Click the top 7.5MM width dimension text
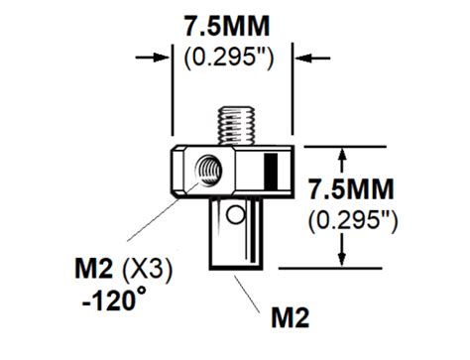[236, 27]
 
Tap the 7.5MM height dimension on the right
[351, 188]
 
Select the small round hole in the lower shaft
[234, 213]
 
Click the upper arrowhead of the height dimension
[344, 153]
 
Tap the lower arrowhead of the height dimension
[344, 261]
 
